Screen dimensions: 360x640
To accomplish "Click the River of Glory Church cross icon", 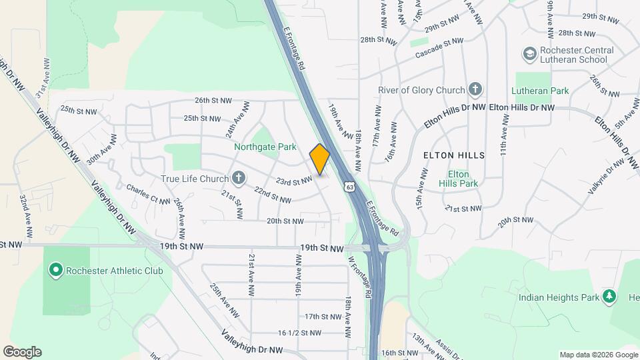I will tap(475, 89).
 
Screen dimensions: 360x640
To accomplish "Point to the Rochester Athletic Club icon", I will tap(55, 271).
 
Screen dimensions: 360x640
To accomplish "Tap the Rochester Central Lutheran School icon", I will tap(529, 53).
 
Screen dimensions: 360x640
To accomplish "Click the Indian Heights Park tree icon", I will tap(608, 297).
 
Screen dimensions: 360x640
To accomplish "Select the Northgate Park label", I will tap(255, 146).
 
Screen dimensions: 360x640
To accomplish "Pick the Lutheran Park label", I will tap(540, 91).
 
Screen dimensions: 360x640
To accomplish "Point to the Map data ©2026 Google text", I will tap(598, 355).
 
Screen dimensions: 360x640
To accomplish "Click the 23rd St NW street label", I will tap(294, 181).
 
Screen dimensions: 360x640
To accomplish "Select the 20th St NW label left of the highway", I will tap(285, 221).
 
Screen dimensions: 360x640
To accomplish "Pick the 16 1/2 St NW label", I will tap(299, 333).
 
